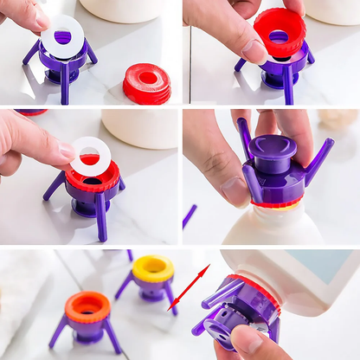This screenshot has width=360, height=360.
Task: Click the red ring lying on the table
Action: (147, 84)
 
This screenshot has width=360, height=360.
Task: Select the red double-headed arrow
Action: (189, 287)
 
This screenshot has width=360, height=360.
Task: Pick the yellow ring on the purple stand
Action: (152, 269)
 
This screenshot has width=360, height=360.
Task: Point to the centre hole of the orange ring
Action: (88, 304)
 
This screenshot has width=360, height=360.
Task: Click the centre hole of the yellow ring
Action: (152, 265)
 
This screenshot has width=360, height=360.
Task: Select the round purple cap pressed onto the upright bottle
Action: (273, 154)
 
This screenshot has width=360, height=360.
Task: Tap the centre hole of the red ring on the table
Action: (148, 78)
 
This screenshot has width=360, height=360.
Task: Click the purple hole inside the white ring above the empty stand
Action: (62, 37)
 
